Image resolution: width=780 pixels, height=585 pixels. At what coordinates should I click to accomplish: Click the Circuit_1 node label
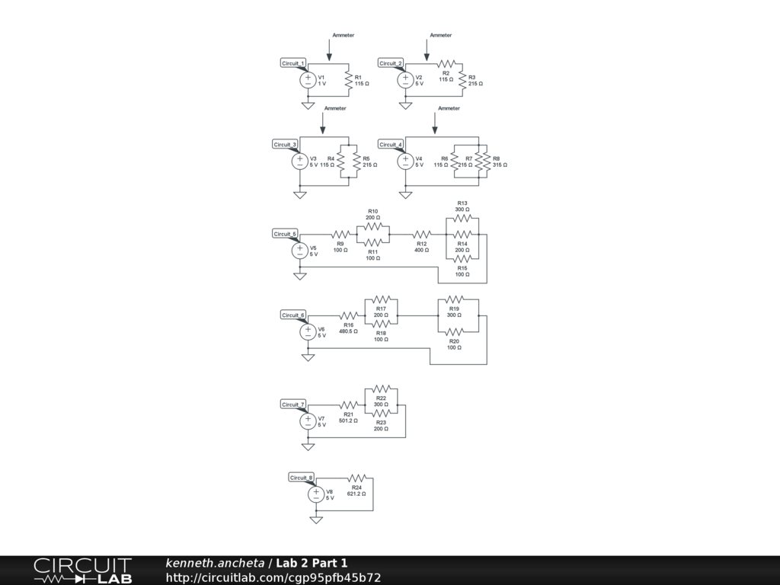[x=293, y=63]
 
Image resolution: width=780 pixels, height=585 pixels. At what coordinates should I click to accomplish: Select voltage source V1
[x=308, y=80]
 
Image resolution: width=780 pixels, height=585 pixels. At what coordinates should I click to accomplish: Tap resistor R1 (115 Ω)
[x=349, y=80]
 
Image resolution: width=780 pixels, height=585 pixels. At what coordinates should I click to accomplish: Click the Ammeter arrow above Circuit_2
[x=427, y=50]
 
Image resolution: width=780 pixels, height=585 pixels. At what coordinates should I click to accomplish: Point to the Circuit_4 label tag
[x=391, y=145]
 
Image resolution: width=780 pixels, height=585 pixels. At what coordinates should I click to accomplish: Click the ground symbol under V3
[x=300, y=195]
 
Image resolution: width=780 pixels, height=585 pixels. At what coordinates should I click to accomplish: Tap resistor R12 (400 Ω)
[x=421, y=234]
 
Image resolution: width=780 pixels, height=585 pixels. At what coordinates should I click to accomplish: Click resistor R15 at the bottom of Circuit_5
[x=462, y=259]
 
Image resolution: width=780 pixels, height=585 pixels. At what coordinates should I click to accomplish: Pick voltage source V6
[x=308, y=331]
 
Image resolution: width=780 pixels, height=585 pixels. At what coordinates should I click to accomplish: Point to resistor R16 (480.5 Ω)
[x=349, y=315]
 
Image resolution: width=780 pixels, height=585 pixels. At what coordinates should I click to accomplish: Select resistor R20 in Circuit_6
[x=454, y=331]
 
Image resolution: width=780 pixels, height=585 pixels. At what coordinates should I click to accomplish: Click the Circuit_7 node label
[x=293, y=404]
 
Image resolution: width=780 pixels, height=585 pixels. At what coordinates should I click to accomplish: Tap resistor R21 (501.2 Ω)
[x=349, y=404]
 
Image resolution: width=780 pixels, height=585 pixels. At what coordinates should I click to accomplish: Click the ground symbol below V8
[x=316, y=520]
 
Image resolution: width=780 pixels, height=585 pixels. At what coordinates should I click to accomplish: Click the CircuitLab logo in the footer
[x=82, y=571]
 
